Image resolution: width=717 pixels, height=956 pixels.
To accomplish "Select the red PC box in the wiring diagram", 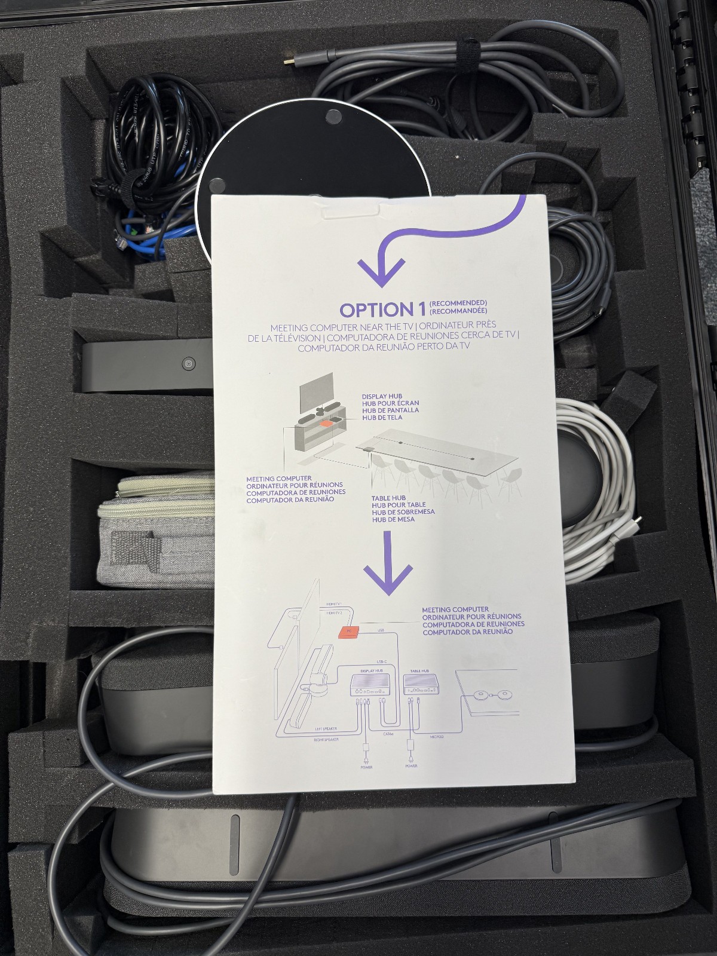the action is pyautogui.click(x=348, y=631).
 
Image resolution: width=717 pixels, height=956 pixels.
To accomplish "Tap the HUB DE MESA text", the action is pyautogui.click(x=393, y=519).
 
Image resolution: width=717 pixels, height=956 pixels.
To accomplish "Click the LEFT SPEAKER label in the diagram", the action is pyautogui.click(x=326, y=729).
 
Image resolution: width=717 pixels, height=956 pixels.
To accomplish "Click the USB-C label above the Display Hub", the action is pyautogui.click(x=382, y=661).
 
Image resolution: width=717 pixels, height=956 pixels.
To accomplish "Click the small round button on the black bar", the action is pyautogui.click(x=188, y=364).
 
